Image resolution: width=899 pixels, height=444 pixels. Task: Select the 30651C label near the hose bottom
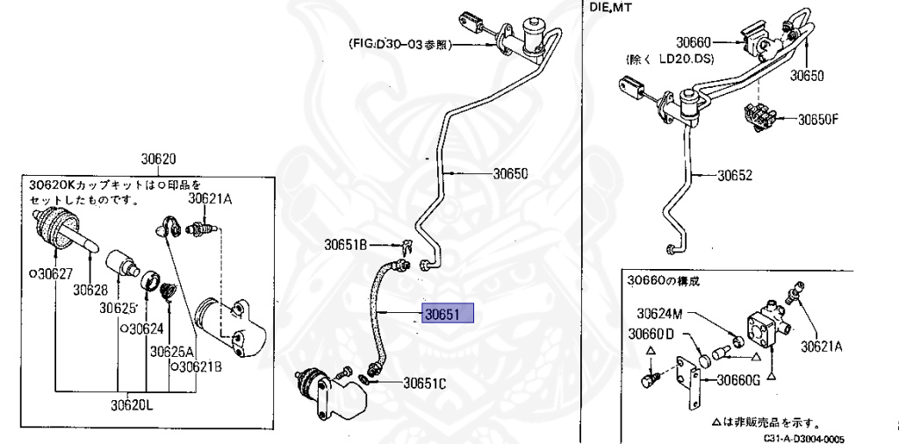tap(424, 382)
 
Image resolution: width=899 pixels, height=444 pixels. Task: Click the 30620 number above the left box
tap(159, 160)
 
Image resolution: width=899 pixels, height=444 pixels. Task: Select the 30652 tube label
tap(735, 175)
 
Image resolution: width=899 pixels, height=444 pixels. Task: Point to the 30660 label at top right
tap(693, 42)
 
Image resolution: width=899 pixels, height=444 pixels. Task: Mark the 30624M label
tap(660, 313)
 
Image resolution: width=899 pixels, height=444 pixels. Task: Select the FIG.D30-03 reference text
tap(399, 44)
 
